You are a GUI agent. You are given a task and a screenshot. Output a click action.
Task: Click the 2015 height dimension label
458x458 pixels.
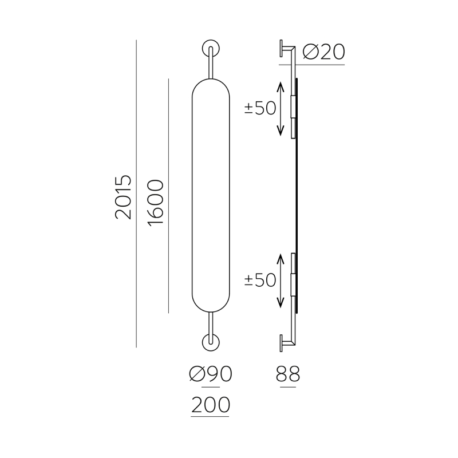click(x=123, y=197)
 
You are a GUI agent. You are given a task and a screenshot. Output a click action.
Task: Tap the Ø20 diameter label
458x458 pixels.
click(x=323, y=52)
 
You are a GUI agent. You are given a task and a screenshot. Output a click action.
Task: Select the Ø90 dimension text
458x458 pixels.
click(x=211, y=374)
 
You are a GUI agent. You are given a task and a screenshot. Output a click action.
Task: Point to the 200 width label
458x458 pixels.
click(x=211, y=405)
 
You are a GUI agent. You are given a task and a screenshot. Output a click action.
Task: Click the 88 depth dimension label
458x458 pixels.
click(x=288, y=374)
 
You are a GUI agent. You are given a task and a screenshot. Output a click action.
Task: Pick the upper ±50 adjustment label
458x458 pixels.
click(x=260, y=108)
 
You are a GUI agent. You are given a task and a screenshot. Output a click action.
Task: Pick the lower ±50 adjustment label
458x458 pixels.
click(x=260, y=280)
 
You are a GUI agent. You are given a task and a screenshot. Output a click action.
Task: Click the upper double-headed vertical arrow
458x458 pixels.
click(x=281, y=109)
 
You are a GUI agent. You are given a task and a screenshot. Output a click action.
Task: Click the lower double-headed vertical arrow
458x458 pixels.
click(x=281, y=281)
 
